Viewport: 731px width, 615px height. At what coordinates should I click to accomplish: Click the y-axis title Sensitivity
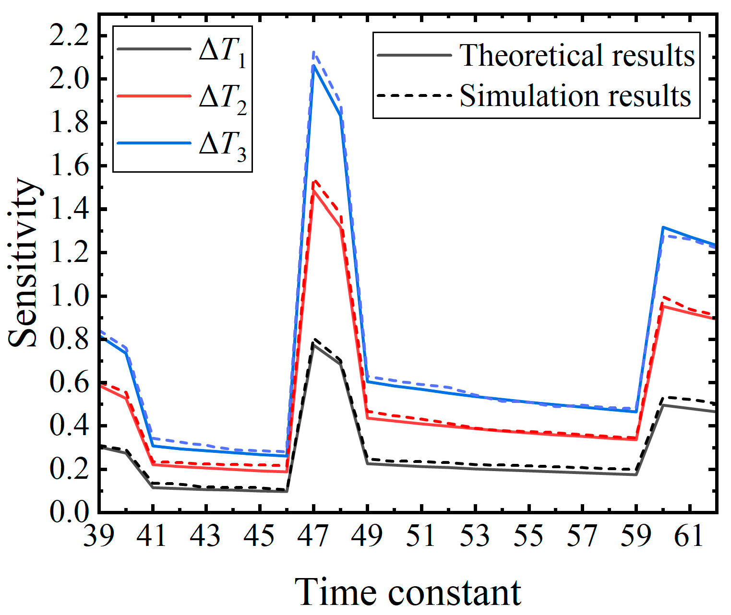click(23, 262)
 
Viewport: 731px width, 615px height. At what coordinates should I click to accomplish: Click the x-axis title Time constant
click(407, 592)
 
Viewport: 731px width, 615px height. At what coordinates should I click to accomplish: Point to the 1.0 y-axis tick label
click(69, 296)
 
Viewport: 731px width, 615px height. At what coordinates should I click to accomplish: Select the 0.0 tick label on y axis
click(69, 512)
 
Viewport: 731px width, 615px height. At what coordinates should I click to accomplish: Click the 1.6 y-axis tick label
click(69, 166)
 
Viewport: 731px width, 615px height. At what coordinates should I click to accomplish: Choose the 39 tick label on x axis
click(99, 535)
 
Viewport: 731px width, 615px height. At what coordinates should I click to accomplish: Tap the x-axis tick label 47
click(313, 535)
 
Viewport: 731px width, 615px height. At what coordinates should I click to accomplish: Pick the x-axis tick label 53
click(475, 535)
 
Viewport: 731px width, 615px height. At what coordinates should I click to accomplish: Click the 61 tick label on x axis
click(689, 535)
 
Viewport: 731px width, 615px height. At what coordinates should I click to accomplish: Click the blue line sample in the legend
click(154, 143)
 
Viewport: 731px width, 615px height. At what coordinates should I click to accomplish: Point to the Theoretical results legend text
click(577, 55)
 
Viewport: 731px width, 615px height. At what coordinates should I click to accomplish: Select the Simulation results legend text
click(575, 95)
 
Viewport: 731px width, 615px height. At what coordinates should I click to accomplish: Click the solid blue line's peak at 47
click(314, 66)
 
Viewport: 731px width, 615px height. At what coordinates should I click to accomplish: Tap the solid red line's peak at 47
click(314, 190)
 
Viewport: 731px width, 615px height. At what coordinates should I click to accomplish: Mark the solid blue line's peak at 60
click(663, 227)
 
